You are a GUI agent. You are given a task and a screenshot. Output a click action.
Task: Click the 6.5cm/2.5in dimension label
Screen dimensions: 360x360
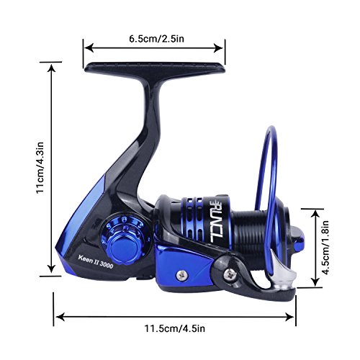(156, 39)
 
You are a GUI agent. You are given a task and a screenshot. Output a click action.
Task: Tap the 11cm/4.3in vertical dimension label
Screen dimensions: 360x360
(40, 168)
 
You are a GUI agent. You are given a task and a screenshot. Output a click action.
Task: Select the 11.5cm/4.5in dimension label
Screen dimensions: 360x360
(174, 328)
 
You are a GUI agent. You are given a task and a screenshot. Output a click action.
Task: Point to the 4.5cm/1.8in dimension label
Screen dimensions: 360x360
(325, 247)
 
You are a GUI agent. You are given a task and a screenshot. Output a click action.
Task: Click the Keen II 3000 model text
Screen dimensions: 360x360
(96, 261)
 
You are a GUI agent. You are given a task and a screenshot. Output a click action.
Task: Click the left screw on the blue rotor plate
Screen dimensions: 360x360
(181, 275)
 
